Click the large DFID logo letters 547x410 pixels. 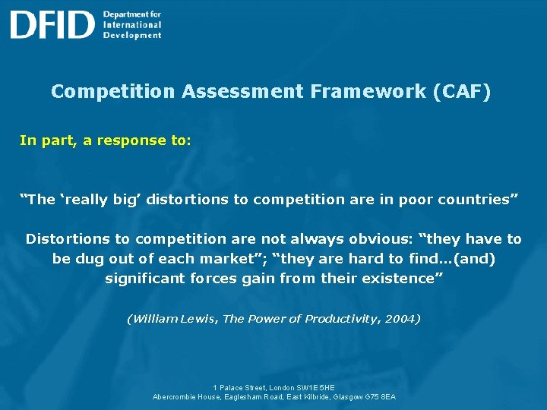pos(52,24)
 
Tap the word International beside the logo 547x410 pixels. pos(132,24)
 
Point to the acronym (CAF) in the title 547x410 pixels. pos(461,92)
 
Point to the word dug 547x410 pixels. pos(88,259)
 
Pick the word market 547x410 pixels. pos(230,259)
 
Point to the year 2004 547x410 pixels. pos(400,319)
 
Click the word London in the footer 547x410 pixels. pos(280,387)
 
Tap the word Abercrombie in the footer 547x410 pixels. pos(176,396)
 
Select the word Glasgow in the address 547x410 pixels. pos(353,396)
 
